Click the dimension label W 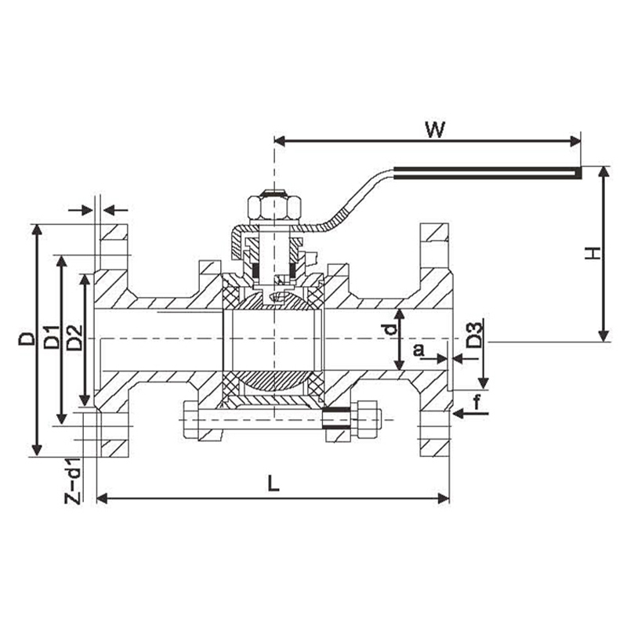point(435,129)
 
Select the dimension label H point(593,253)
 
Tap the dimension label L point(274,483)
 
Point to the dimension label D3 point(475,335)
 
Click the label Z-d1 point(73,480)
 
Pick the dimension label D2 point(74,338)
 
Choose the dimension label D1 point(52,338)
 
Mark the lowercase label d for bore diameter point(390,328)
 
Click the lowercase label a point(419,350)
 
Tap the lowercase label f point(477,402)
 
